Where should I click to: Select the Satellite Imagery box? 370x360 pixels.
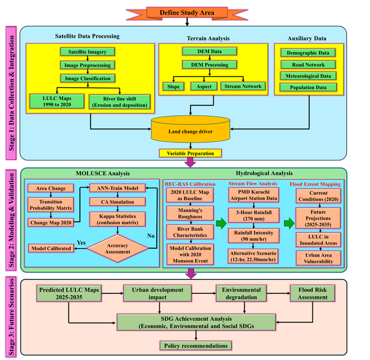(x=89, y=52)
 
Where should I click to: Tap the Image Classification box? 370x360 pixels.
(x=89, y=78)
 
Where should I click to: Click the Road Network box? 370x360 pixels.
(x=308, y=64)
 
